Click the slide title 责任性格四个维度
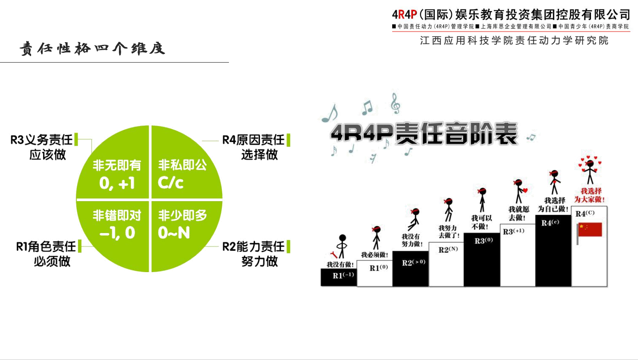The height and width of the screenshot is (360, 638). click(x=92, y=48)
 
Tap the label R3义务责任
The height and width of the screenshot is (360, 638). click(x=42, y=140)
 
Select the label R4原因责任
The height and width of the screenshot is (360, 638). click(x=253, y=140)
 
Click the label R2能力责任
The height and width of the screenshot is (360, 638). click(x=253, y=246)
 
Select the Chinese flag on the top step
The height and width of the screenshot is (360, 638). click(x=590, y=230)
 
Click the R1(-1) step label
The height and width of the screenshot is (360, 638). click(x=343, y=275)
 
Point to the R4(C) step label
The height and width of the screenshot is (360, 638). click(x=585, y=214)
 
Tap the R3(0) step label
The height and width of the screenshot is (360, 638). click(x=484, y=241)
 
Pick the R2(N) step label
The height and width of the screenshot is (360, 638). click(x=448, y=249)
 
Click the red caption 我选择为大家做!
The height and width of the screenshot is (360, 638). click(x=589, y=195)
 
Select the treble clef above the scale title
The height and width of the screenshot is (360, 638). click(x=395, y=103)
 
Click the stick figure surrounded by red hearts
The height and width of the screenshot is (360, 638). click(x=589, y=171)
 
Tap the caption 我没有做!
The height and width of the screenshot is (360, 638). click(x=340, y=264)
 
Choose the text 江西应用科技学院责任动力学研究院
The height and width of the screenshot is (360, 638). click(x=514, y=41)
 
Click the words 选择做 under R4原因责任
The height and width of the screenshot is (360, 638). click(x=260, y=154)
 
